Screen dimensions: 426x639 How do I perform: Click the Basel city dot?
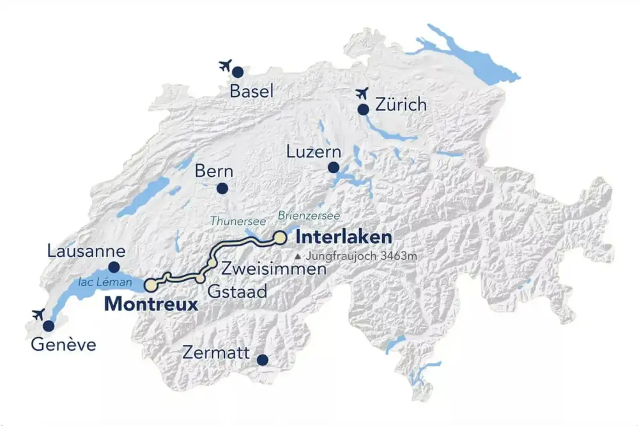[x=238, y=72]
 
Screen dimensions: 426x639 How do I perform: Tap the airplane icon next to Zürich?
[x=363, y=93]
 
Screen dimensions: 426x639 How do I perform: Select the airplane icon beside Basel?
[x=224, y=65]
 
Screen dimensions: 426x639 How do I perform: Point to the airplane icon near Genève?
[x=38, y=314]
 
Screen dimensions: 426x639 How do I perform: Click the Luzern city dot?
[x=333, y=167]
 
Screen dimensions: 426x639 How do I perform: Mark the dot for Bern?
[x=222, y=188]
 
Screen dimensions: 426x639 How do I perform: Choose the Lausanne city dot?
[x=114, y=267]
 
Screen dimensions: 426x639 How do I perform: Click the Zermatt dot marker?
[x=262, y=360]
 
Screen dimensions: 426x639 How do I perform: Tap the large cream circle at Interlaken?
[x=280, y=238]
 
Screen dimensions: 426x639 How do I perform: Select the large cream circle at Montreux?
[x=151, y=285]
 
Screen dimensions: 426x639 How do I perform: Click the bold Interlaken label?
[x=343, y=238]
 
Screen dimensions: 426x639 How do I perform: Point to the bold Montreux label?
[x=151, y=304]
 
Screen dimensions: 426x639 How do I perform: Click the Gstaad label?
[x=237, y=291]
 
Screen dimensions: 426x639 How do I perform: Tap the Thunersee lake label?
[x=238, y=220]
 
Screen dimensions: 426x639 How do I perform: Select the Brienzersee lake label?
[x=309, y=216]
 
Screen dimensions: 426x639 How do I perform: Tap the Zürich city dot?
[x=363, y=109]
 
